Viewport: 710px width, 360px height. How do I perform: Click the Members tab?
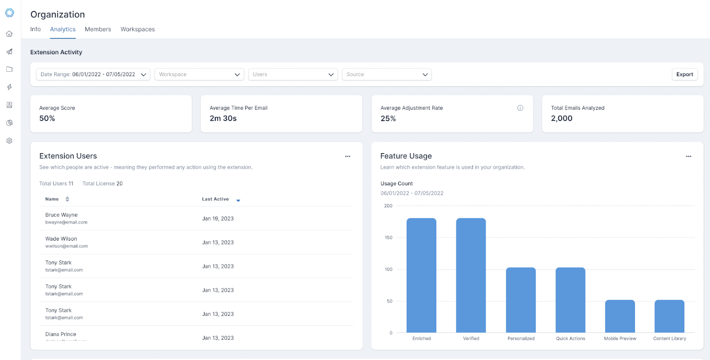(98, 29)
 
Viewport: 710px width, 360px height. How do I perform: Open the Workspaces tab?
(138, 29)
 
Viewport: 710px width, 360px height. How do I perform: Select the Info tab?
(35, 29)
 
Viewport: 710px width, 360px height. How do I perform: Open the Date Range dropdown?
(93, 75)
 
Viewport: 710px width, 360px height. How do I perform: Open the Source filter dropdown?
(387, 75)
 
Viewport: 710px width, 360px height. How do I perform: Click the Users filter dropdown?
(293, 75)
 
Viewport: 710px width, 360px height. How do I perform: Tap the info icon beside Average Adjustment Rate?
(520, 108)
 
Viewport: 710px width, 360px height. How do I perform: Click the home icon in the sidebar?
(9, 34)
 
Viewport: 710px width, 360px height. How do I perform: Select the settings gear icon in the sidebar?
(9, 141)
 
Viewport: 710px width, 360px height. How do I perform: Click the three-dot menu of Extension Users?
(348, 156)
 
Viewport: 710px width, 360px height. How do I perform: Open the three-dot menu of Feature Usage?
(688, 156)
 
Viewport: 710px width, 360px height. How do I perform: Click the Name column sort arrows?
(67, 199)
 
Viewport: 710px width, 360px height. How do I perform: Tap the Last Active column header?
(216, 199)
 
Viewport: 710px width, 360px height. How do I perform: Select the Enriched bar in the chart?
(421, 275)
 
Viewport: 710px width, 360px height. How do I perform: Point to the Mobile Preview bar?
(620, 316)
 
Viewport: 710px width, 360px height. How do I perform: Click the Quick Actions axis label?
(571, 338)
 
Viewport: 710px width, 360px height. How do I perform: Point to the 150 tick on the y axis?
(388, 237)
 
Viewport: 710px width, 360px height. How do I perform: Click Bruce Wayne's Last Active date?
(218, 218)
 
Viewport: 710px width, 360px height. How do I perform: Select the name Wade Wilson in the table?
(61, 239)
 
